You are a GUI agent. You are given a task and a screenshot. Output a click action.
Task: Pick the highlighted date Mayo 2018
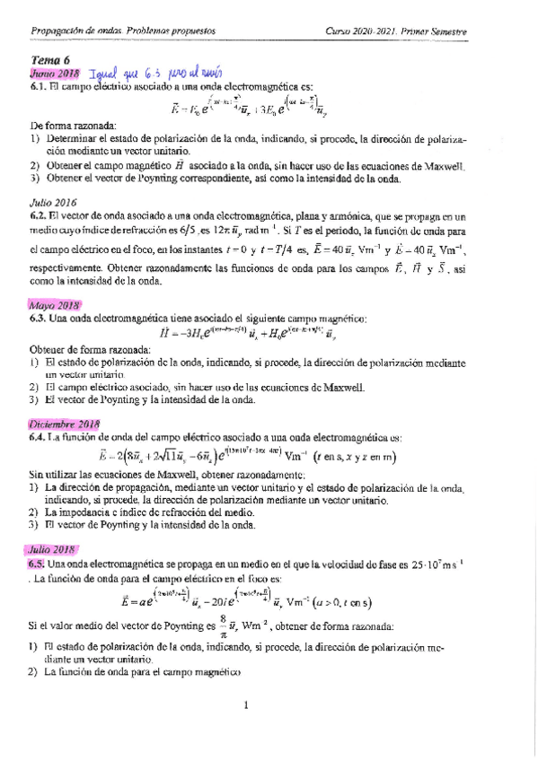(53, 304)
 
